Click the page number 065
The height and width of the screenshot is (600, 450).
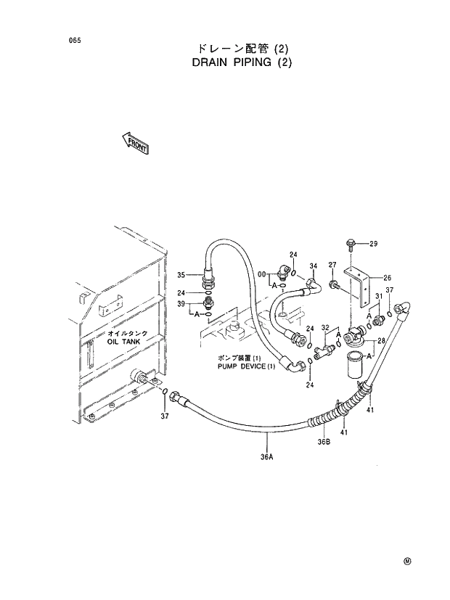pyautogui.click(x=74, y=41)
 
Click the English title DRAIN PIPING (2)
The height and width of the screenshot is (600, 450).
pyautogui.click(x=242, y=62)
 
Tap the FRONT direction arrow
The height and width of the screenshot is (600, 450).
pyautogui.click(x=135, y=144)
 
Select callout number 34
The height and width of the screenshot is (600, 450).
pyautogui.click(x=314, y=266)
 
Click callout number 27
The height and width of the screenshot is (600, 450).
pyautogui.click(x=332, y=266)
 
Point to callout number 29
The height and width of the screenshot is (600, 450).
pyautogui.click(x=374, y=243)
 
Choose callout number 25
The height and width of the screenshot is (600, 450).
pyautogui.click(x=387, y=278)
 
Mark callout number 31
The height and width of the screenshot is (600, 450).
pyautogui.click(x=378, y=297)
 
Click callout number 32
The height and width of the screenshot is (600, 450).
pyautogui.click(x=325, y=328)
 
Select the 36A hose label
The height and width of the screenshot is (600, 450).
pyautogui.click(x=266, y=456)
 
